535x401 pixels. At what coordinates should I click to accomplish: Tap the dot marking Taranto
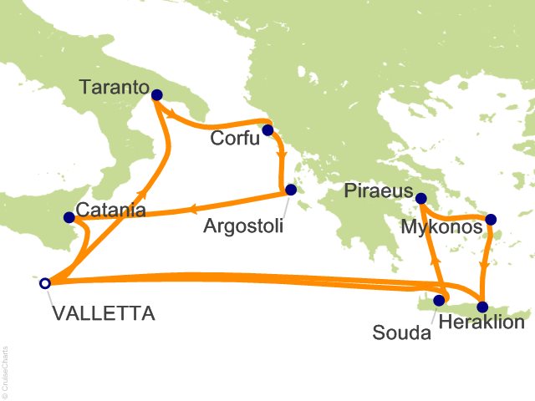[156, 96]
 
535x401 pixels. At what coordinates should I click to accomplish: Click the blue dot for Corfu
[267, 130]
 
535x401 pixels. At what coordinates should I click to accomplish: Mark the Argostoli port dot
[291, 190]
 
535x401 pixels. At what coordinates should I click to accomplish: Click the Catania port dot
[69, 218]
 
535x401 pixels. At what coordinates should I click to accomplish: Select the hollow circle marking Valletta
[44, 283]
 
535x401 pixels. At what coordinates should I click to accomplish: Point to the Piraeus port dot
[421, 198]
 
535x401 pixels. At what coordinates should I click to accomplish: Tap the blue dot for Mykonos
[491, 220]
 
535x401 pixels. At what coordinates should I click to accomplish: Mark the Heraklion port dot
[482, 306]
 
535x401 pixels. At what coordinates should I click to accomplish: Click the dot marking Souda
[439, 299]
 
